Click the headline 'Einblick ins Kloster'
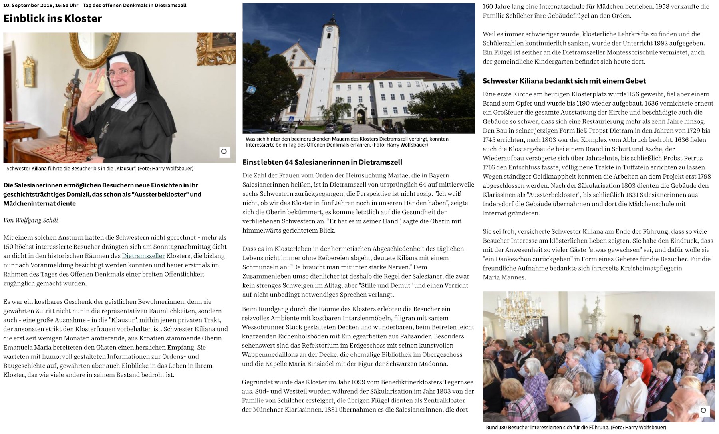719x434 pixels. tap(53, 18)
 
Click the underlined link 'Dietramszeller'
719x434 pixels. tap(143, 256)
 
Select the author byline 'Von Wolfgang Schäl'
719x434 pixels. tap(31, 220)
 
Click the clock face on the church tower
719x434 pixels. tap(330, 29)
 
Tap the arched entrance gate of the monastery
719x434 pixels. tap(360, 115)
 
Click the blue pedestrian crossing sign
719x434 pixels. tap(251, 90)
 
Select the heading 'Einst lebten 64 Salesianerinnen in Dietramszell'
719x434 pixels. tap(322, 162)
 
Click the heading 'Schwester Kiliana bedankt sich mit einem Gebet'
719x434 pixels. tap(564, 81)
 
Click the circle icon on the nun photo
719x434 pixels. tap(224, 151)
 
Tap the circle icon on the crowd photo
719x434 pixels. tap(703, 410)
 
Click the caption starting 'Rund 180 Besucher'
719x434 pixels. tap(576, 428)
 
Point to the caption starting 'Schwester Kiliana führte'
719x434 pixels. tap(100, 169)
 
